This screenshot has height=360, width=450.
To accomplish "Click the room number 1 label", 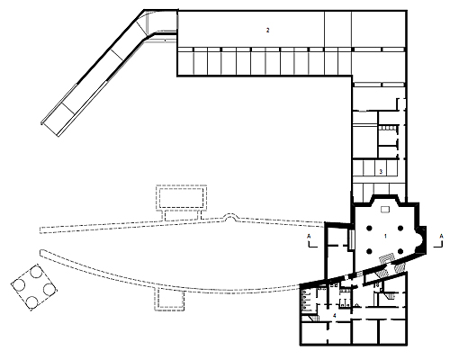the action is [385, 236].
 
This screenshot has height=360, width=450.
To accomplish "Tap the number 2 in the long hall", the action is [267, 30].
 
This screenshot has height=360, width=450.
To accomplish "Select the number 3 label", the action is [381, 172].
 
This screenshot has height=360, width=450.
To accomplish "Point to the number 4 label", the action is [335, 316].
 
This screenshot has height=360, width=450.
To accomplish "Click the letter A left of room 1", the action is [309, 237].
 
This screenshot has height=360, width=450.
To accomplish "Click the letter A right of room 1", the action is [441, 237].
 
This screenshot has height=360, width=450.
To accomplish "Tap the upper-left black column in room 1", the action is [369, 229].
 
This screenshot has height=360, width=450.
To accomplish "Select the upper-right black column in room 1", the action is [400, 229].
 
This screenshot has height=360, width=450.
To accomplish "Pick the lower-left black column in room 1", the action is [370, 251].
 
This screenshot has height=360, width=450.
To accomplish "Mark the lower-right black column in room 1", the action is [400, 251].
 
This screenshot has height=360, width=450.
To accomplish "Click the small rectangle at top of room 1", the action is [385, 209].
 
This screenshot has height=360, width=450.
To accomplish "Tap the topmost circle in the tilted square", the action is [37, 272].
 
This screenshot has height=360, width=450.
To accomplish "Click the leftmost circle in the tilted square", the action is [20, 284].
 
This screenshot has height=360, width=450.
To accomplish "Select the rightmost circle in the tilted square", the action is [49, 289].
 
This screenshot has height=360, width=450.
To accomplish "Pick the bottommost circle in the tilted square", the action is [31, 302].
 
